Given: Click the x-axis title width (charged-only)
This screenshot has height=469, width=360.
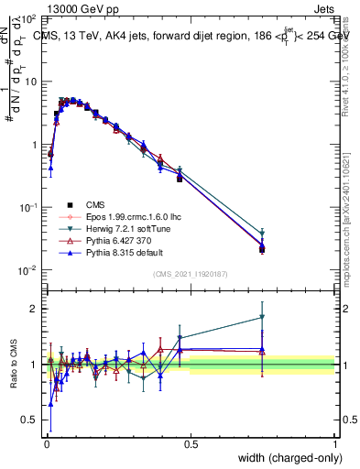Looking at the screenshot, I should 284,458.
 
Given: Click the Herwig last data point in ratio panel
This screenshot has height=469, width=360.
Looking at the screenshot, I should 262,317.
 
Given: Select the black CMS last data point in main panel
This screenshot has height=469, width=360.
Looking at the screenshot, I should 262,248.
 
